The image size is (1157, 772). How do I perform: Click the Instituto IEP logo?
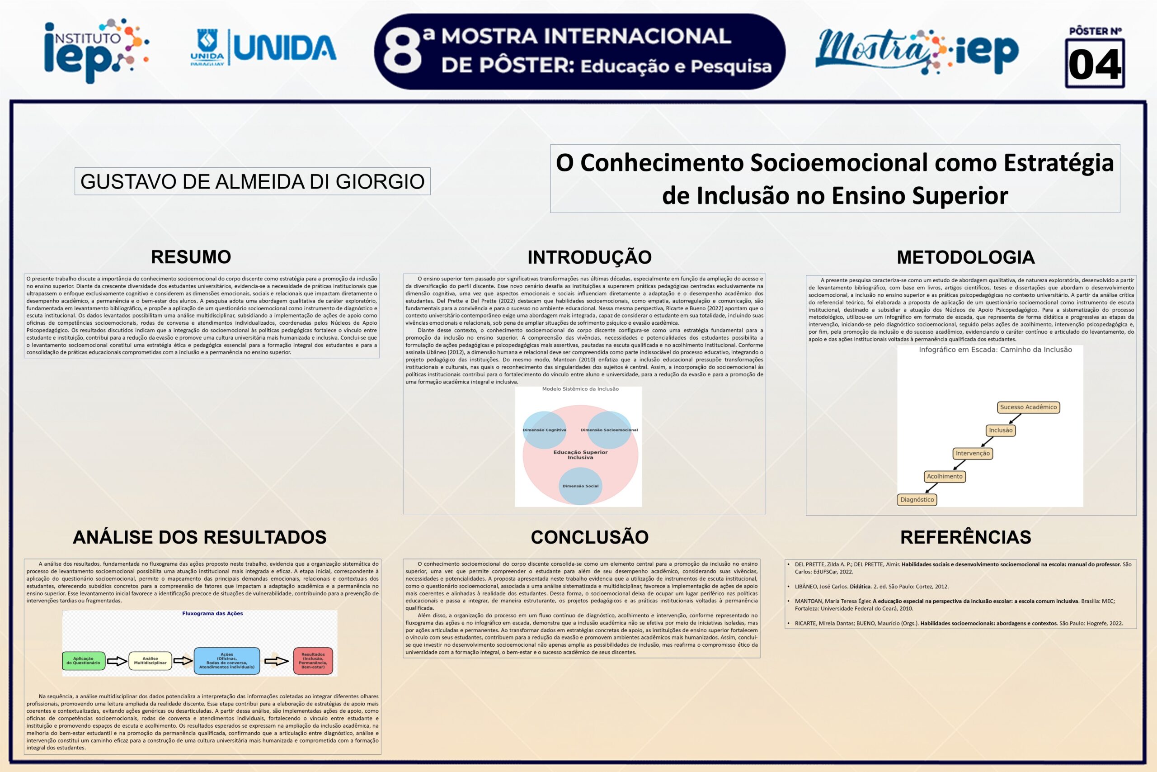tap(96, 50)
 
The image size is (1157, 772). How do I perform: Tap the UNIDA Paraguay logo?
tap(263, 48)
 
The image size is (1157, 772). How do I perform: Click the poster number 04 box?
tap(1095, 63)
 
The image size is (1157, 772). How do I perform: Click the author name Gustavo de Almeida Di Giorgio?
tap(252, 182)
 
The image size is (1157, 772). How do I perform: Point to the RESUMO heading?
tap(191, 257)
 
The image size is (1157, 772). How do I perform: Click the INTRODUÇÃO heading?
tap(589, 257)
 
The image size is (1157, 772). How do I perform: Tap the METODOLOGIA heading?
tap(966, 257)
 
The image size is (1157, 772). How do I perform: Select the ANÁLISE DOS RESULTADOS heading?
tap(200, 537)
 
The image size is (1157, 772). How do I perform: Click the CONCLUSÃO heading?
tap(589, 537)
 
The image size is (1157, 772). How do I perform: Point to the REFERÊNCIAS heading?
tap(966, 537)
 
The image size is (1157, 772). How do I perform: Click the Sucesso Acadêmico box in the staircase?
tap(1028, 407)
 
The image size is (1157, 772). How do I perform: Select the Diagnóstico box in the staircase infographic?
tap(917, 500)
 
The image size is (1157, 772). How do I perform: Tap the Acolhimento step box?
tap(945, 477)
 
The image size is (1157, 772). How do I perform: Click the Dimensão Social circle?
tap(580, 486)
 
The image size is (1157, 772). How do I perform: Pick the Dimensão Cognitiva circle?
tap(544, 430)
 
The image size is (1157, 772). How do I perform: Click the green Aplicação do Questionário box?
tap(84, 661)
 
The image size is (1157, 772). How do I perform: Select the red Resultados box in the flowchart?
tap(313, 661)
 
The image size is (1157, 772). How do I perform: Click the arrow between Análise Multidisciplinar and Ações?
tap(183, 661)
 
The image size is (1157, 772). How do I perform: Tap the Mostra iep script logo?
tap(917, 51)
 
